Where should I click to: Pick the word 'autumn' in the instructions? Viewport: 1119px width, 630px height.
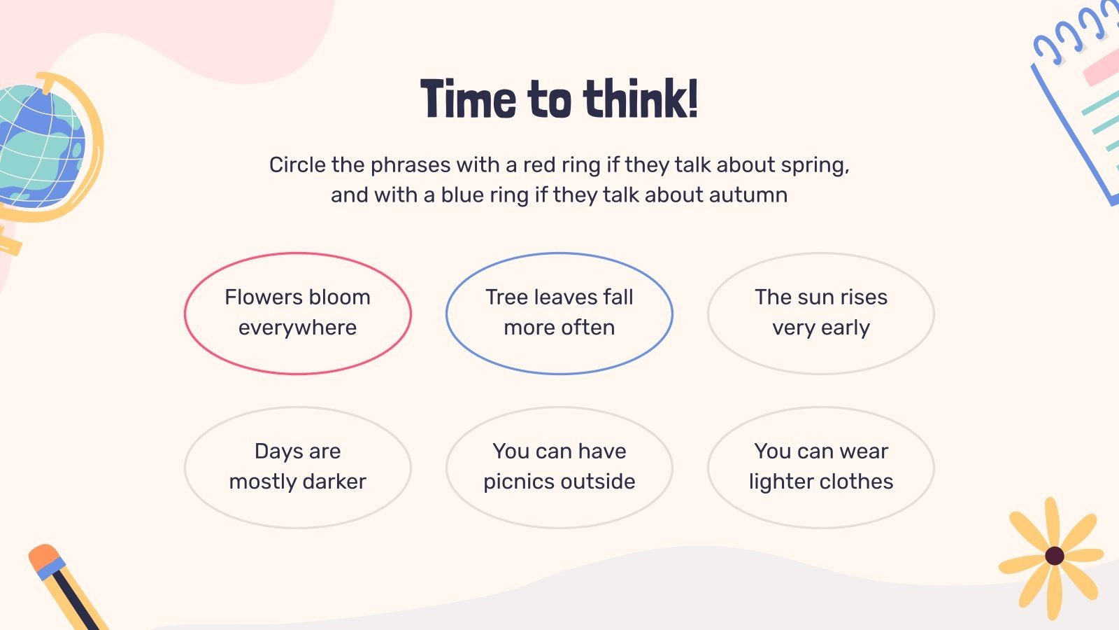pos(748,195)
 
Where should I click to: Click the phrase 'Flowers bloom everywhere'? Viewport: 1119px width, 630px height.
pos(298,313)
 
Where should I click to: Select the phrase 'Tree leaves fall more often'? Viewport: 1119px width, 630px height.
pos(559,313)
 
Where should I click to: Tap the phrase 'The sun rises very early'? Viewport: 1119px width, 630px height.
pos(821,313)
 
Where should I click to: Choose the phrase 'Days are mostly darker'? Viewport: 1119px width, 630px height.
pos(298,467)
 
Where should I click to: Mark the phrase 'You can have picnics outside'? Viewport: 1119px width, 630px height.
pos(559,467)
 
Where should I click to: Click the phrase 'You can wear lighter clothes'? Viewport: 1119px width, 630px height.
pos(821,467)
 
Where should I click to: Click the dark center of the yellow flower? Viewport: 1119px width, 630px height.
pos(1055,556)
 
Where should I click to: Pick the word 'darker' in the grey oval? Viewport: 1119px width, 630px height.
pos(334,482)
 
